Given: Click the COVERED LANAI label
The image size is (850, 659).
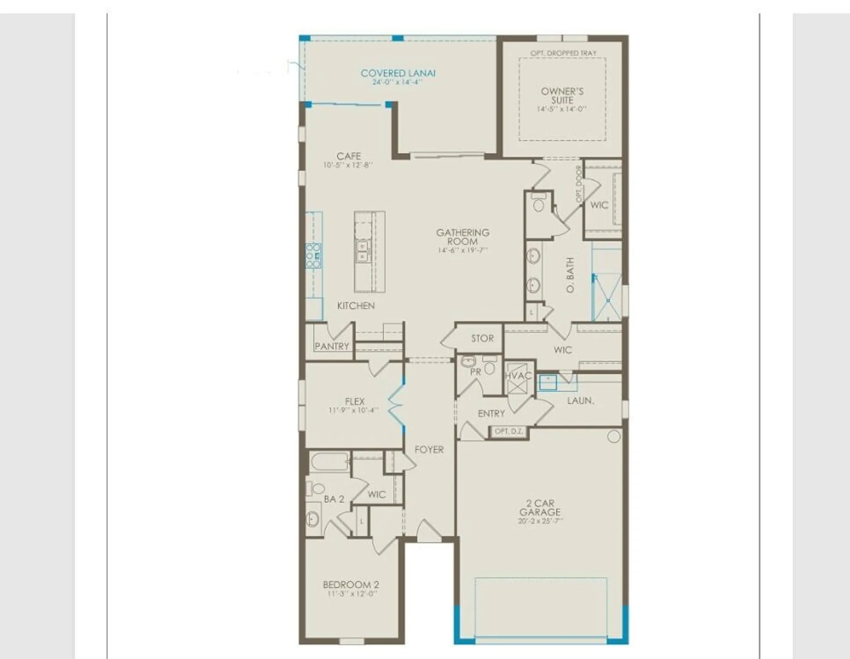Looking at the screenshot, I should [x=398, y=73].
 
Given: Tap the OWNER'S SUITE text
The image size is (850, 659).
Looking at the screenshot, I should [x=562, y=96].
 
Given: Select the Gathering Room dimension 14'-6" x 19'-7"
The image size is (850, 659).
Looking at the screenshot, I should [x=463, y=250].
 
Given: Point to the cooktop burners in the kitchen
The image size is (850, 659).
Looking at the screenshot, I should [x=314, y=256].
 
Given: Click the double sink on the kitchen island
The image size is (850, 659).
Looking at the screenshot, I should [x=362, y=251].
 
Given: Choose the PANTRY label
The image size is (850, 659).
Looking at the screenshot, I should [x=332, y=346].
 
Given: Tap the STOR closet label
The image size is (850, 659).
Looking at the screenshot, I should [x=482, y=338].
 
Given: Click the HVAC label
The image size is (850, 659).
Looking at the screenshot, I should [x=518, y=376].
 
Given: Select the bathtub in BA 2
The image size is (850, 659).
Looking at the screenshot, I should [x=329, y=462].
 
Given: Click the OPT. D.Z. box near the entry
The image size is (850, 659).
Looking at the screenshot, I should [x=509, y=431].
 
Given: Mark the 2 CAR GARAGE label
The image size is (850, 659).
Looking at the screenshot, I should [x=540, y=507].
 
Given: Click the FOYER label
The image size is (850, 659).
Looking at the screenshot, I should [x=429, y=449].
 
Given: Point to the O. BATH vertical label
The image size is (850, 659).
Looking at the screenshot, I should [x=570, y=275].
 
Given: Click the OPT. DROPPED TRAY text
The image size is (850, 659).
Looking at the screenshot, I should [x=563, y=53].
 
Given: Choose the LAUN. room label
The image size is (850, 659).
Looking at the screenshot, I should [x=580, y=401].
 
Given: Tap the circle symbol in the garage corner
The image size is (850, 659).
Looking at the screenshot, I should [x=614, y=436].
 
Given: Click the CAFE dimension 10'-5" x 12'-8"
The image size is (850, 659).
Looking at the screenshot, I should [x=348, y=165].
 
